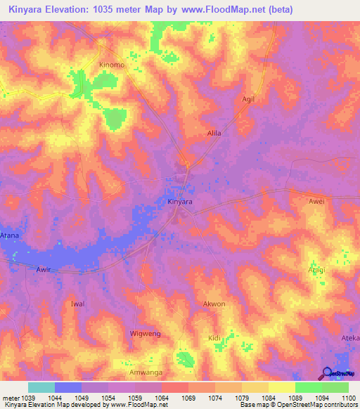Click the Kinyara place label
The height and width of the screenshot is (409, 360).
180,202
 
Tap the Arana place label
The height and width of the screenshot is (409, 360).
10,235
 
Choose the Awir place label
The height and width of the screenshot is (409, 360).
44,268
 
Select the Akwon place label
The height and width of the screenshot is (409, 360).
214,304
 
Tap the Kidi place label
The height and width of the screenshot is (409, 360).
214,339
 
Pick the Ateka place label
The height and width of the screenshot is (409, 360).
350,338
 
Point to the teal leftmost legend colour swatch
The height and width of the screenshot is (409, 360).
41,387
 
